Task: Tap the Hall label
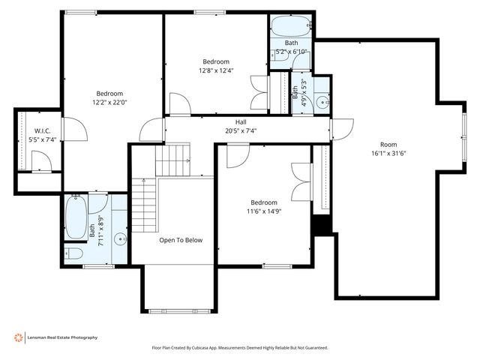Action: pos(241,122)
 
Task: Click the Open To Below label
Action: pos(181,240)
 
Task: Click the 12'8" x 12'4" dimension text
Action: pos(216,70)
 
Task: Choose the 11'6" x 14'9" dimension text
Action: pos(264,211)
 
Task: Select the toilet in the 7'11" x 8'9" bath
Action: pos(73,253)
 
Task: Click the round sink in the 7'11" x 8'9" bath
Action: pos(121,240)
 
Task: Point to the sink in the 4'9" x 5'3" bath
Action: pos(322,101)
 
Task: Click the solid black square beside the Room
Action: pos(322,224)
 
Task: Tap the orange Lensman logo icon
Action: pos(18,337)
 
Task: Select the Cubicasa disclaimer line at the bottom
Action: pos(240,348)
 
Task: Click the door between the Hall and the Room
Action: pos(342,129)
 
